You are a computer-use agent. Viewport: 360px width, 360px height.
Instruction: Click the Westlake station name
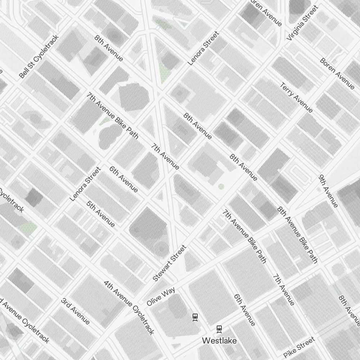point(219,340)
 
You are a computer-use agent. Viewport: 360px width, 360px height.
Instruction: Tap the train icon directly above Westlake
point(219,329)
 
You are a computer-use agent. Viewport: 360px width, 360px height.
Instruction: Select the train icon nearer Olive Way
point(195,317)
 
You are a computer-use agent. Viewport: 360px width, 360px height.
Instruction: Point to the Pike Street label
point(299,348)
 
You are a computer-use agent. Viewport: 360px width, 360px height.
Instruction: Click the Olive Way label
point(161,297)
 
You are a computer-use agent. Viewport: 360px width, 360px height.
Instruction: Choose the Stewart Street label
point(170,263)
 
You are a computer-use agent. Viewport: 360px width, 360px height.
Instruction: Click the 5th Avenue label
point(101,214)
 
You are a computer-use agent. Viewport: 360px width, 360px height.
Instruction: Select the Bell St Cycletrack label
point(39,57)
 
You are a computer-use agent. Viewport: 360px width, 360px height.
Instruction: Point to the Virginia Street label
point(302,23)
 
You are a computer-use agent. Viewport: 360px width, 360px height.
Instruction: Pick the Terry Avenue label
point(296,98)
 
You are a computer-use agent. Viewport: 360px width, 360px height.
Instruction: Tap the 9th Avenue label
point(328,191)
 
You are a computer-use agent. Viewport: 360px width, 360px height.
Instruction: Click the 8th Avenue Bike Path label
point(297,234)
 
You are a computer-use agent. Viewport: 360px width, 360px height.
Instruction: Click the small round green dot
point(221,186)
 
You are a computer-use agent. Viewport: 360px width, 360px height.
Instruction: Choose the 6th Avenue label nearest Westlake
point(244,310)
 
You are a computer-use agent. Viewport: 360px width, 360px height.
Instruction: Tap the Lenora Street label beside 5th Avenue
point(85,184)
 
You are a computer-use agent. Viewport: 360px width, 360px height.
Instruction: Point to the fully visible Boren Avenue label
point(337,73)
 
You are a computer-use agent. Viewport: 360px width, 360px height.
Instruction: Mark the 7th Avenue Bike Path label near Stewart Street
point(244,236)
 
